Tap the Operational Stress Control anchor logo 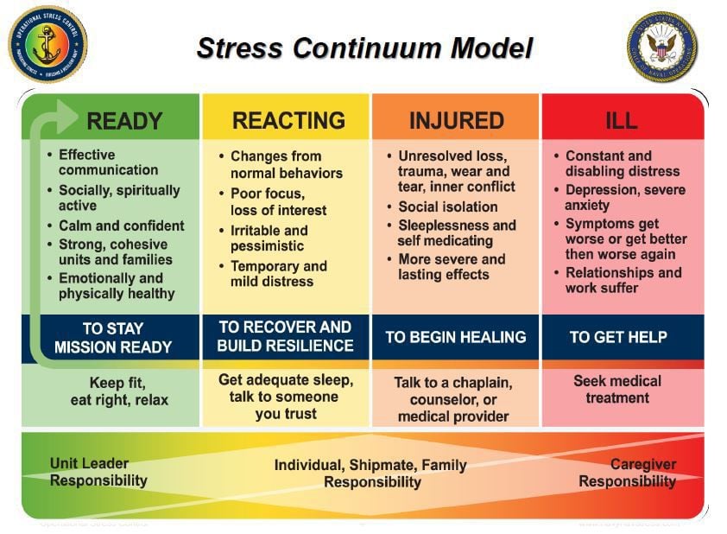[x=47, y=44]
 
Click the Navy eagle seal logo [x=661, y=46]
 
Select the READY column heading [x=124, y=120]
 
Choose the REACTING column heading [x=288, y=120]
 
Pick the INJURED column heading [x=456, y=120]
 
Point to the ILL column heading [x=621, y=120]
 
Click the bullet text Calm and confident [x=121, y=226]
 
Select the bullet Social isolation [x=447, y=207]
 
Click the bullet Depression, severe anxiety [x=624, y=198]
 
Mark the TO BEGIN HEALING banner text [x=455, y=336]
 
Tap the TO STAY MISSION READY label [x=113, y=337]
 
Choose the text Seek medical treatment [x=617, y=389]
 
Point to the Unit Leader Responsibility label [x=98, y=472]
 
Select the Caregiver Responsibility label [x=628, y=473]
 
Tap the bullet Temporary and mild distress [x=278, y=274]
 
